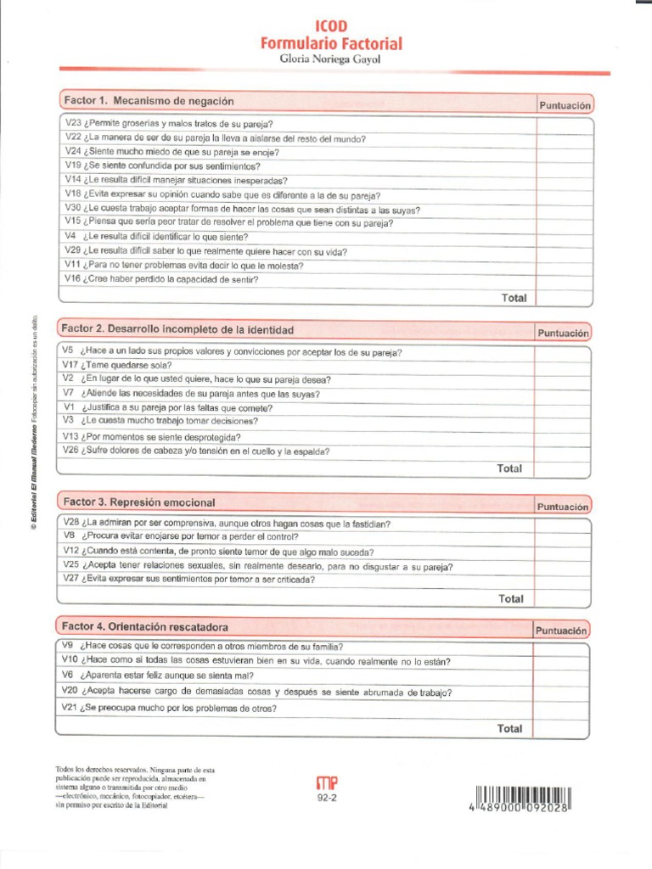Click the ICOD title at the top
(x=331, y=27)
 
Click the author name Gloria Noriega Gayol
(x=331, y=59)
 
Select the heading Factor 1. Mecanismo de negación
(x=149, y=101)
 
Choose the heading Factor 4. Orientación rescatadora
(x=145, y=626)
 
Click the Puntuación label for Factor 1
(x=564, y=105)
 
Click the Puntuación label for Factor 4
(x=560, y=631)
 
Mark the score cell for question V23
(x=564, y=124)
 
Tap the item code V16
(x=71, y=279)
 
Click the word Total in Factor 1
(x=514, y=298)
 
